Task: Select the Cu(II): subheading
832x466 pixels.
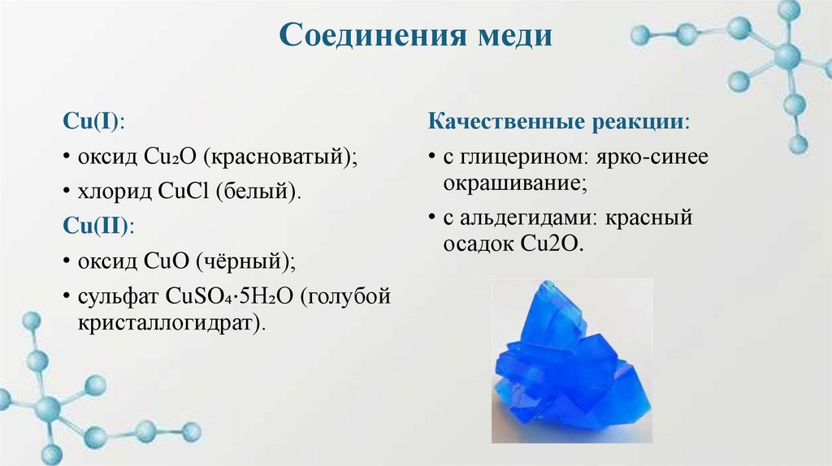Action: (99, 227)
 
